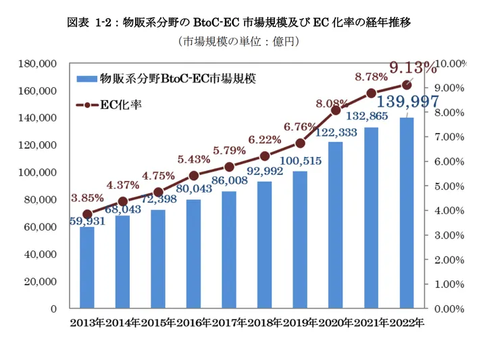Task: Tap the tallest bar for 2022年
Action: pyautogui.click(x=406, y=213)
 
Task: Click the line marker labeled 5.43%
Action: pyautogui.click(x=194, y=175)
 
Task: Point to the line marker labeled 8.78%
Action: pyautogui.click(x=371, y=93)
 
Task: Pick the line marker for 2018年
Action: pyautogui.click(x=265, y=156)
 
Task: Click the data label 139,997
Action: pyautogui.click(x=407, y=103)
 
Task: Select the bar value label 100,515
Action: pyautogui.click(x=300, y=161)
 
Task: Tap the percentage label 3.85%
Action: pyautogui.click(x=87, y=198)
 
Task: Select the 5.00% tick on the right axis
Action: pyautogui.click(x=449, y=186)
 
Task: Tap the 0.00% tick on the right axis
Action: pyautogui.click(x=449, y=309)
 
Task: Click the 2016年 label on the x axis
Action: pyautogui.click(x=194, y=323)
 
